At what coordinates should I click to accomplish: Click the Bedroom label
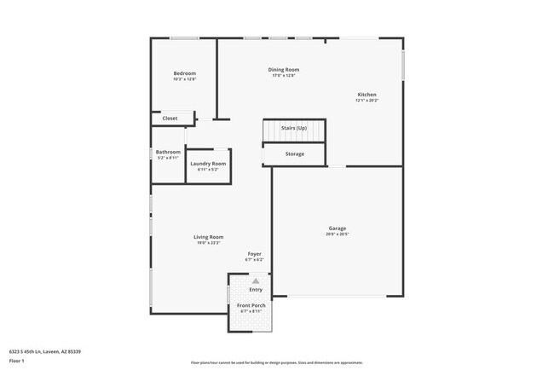(x=185, y=73)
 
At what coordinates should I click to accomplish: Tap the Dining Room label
(x=284, y=70)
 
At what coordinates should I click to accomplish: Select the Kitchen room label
(x=366, y=95)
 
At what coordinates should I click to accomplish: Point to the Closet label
(x=170, y=119)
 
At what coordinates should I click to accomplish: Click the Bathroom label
(x=168, y=153)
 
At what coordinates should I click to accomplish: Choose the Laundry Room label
(x=208, y=164)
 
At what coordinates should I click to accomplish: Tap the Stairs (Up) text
(x=294, y=128)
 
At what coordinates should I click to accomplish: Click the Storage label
(x=295, y=153)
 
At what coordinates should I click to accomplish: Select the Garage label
(x=338, y=228)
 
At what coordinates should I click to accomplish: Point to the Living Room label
(x=208, y=237)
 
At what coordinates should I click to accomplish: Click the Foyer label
(x=255, y=254)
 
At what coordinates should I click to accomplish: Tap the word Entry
(x=256, y=290)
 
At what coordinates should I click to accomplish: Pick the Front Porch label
(x=251, y=305)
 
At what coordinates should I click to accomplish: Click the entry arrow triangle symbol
(x=255, y=280)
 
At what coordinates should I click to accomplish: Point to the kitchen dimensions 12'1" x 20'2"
(x=366, y=101)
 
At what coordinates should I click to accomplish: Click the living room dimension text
(x=208, y=243)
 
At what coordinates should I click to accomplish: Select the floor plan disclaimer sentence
(x=276, y=361)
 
